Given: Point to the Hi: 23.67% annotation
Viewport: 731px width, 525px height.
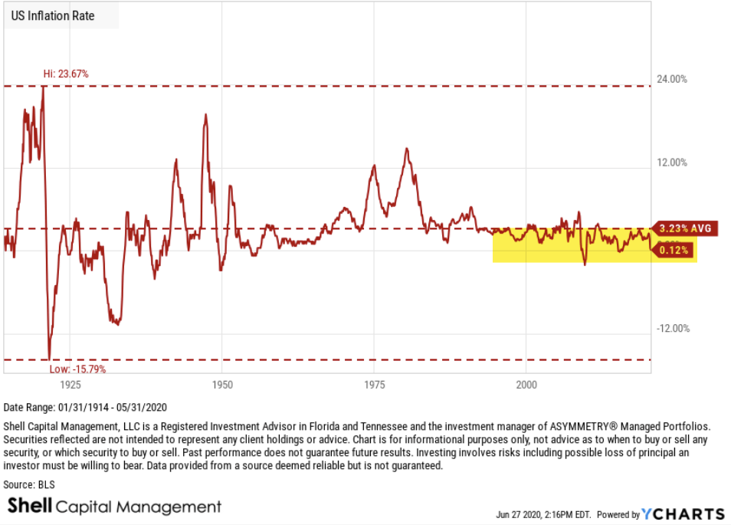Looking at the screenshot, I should pos(65,74).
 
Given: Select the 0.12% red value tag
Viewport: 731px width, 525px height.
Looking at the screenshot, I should pos(674,250).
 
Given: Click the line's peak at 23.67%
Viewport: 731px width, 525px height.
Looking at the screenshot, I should pos(43,87).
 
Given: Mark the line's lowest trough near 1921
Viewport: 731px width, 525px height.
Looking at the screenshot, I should pos(49,358).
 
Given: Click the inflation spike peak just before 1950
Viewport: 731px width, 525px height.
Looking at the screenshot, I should pos(205,115).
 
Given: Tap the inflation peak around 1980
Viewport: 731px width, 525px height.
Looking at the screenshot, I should pos(407,149).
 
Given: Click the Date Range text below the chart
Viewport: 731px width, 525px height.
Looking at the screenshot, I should pos(85,407).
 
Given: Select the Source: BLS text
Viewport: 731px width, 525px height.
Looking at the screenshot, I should pos(29,484).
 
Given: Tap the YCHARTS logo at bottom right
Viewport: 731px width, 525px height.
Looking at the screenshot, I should pos(683,514).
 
